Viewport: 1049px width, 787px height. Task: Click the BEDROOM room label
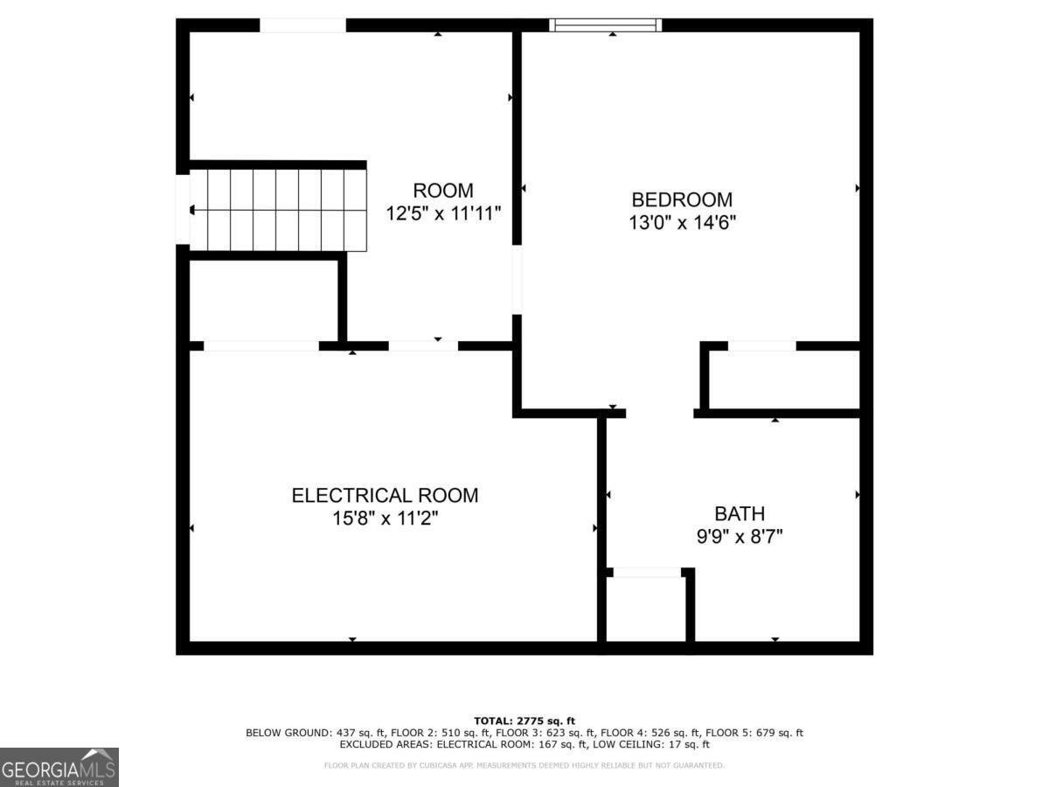click(x=682, y=199)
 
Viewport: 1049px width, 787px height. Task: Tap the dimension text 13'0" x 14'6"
click(x=682, y=222)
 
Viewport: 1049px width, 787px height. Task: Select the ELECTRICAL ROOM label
click(x=385, y=495)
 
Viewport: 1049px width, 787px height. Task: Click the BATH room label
click(x=740, y=513)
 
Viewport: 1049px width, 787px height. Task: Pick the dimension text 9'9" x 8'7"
click(x=740, y=536)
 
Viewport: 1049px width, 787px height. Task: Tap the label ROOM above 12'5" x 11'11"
click(x=443, y=190)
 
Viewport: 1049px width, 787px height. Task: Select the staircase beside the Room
click(x=276, y=210)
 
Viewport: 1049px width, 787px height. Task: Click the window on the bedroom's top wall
click(x=605, y=24)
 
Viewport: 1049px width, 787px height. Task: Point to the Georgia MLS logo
click(x=59, y=767)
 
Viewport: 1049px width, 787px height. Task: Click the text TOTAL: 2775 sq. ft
click(x=524, y=720)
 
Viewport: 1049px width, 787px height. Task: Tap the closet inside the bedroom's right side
click(x=783, y=379)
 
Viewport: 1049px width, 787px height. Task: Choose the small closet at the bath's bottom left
click(x=646, y=609)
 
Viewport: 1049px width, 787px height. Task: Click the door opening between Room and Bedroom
click(x=517, y=280)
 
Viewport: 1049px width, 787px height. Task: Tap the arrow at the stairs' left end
click(x=192, y=210)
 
